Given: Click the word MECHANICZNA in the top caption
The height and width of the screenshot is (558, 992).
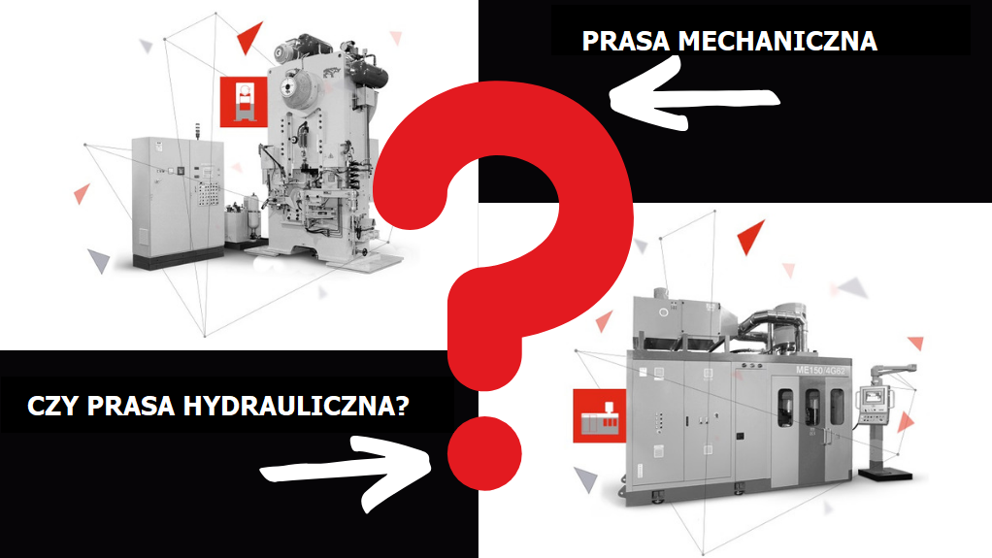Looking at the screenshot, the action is pos(777,41).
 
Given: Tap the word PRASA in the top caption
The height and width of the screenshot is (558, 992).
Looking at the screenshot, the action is pos(626,41).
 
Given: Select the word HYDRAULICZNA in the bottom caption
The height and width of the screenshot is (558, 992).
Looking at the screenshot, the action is pos(296,406).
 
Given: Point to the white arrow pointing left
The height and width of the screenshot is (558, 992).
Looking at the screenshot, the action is pos(694,95).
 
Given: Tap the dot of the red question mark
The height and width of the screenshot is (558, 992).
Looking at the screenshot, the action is pos(484,453).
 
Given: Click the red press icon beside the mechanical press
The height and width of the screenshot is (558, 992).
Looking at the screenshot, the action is pos(244,102).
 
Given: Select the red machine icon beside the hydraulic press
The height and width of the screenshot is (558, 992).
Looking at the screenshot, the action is pos(599,415).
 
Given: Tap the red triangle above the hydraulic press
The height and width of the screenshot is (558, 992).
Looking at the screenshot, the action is pos(750,236).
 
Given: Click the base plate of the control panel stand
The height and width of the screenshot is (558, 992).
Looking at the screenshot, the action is pos(885,474).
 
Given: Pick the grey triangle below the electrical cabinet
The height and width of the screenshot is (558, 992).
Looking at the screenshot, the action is pos(99,259).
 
